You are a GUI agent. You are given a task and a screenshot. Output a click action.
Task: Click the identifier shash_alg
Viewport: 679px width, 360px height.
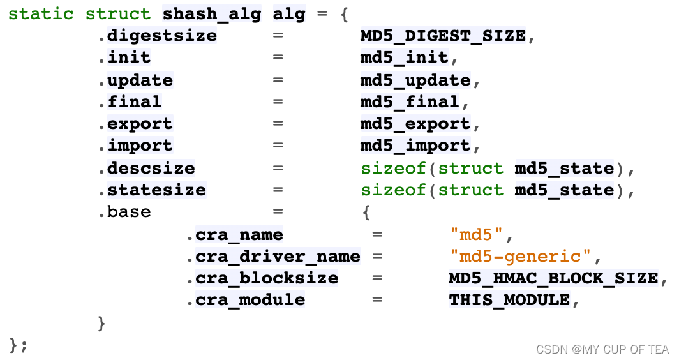(212, 14)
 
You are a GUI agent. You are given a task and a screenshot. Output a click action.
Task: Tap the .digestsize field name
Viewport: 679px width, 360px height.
(158, 36)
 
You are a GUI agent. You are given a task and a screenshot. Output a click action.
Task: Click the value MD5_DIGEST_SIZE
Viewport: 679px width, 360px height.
(444, 36)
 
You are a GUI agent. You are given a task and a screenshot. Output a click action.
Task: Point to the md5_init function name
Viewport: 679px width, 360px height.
(405, 57)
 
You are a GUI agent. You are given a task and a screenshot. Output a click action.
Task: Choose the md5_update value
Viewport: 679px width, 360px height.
(415, 80)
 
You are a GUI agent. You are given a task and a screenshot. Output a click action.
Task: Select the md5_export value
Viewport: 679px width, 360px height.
(415, 123)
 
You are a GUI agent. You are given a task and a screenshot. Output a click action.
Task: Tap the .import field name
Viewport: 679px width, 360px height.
(135, 146)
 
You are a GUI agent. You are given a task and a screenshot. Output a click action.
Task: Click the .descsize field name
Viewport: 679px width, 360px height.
(147, 169)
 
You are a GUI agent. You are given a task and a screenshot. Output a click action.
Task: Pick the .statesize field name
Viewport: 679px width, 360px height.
(152, 190)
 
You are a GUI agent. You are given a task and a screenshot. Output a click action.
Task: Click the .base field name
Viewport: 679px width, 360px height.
(124, 212)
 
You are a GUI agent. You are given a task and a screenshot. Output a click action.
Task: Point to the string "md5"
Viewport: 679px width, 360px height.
(477, 235)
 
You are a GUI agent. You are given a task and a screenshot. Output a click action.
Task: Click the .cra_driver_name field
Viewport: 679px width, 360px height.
(273, 257)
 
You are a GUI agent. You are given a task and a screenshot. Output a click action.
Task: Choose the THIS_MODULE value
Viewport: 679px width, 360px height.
(509, 300)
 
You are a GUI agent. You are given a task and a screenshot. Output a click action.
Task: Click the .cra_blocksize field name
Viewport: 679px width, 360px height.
(262, 278)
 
